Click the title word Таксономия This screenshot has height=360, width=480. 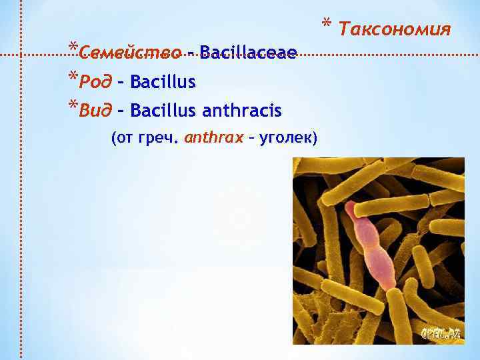tap(395, 29)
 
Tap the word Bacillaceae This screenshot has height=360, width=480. tap(247, 52)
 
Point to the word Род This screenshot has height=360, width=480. tap(93, 82)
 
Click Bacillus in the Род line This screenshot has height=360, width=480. tap(163, 82)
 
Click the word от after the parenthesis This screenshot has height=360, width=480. tap(124, 138)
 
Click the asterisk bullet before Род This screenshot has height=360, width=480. tap(72, 77)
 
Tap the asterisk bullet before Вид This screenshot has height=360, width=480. tap(72, 103)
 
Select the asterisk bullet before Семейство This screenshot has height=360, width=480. tap(72, 47)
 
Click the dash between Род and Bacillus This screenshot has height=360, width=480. tap(121, 83)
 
